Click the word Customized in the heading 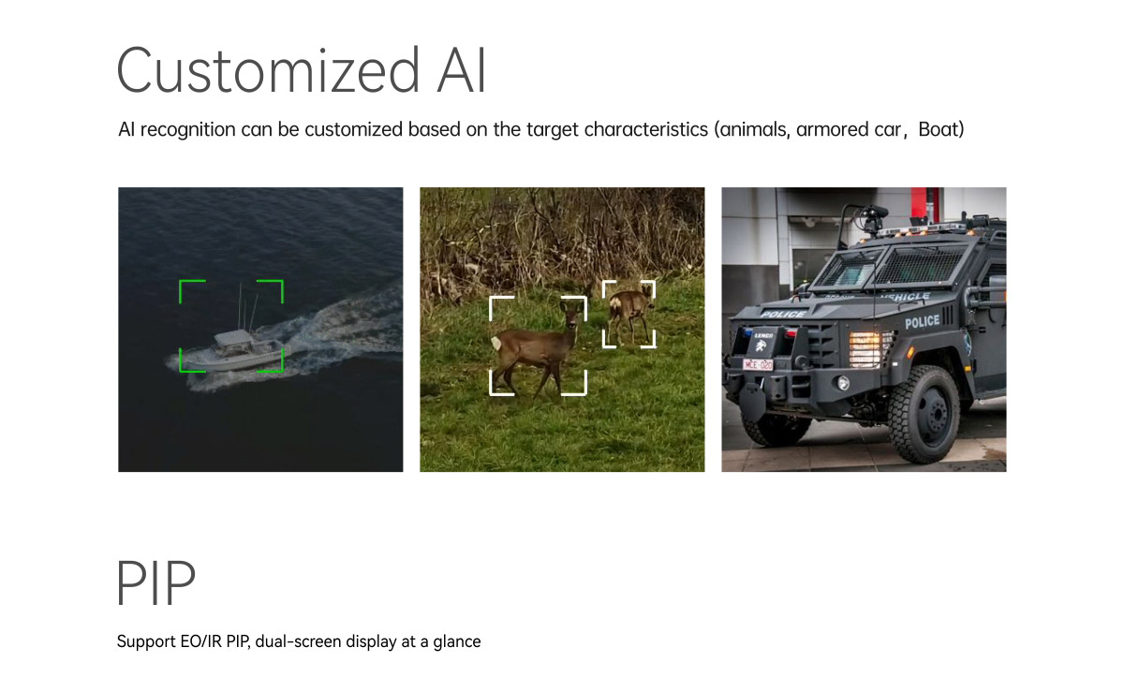pos(268,70)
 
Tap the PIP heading pos(155,582)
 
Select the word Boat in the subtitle pos(938,129)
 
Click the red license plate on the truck pos(758,364)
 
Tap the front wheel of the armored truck pos(925,414)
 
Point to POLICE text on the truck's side pos(923,322)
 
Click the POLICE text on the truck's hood pos(783,314)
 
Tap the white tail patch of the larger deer pos(495,344)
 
